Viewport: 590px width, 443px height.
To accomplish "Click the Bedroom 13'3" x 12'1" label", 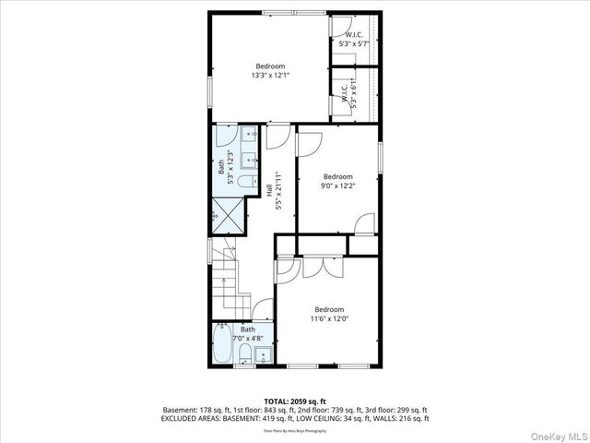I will pyautogui.click(x=270, y=70).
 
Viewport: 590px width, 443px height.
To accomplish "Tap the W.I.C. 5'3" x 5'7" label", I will pyautogui.click(x=355, y=40).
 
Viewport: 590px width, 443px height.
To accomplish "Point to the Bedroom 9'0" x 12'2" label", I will pyautogui.click(x=337, y=181).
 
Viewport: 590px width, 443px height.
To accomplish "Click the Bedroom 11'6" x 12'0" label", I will pyautogui.click(x=329, y=314).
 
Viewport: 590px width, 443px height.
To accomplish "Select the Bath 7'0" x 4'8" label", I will pyautogui.click(x=248, y=334).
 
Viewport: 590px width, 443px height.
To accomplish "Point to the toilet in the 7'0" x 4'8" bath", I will pyautogui.click(x=242, y=357).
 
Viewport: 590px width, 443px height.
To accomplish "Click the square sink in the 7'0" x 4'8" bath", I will pyautogui.click(x=264, y=354).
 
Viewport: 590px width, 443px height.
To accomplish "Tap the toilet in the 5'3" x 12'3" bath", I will pyautogui.click(x=244, y=182).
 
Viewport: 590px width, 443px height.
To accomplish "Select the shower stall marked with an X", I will pyautogui.click(x=227, y=215).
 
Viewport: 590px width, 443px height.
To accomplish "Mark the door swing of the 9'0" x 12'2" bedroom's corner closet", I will pyautogui.click(x=365, y=223).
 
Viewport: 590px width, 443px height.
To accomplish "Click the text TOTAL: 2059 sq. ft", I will pyautogui.click(x=295, y=401).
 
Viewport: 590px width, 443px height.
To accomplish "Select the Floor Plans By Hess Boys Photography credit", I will pyautogui.click(x=295, y=429).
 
